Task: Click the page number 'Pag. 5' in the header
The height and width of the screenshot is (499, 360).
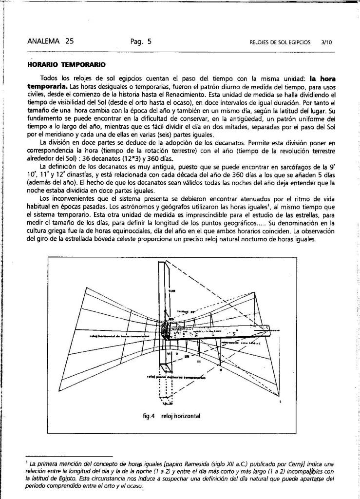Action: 141,41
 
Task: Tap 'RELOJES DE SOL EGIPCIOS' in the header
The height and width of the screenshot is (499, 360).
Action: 279,42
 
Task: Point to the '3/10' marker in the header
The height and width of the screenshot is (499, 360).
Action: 326,42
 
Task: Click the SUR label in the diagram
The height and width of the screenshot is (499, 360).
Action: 171,291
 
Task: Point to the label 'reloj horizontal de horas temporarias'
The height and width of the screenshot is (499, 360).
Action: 119,337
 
